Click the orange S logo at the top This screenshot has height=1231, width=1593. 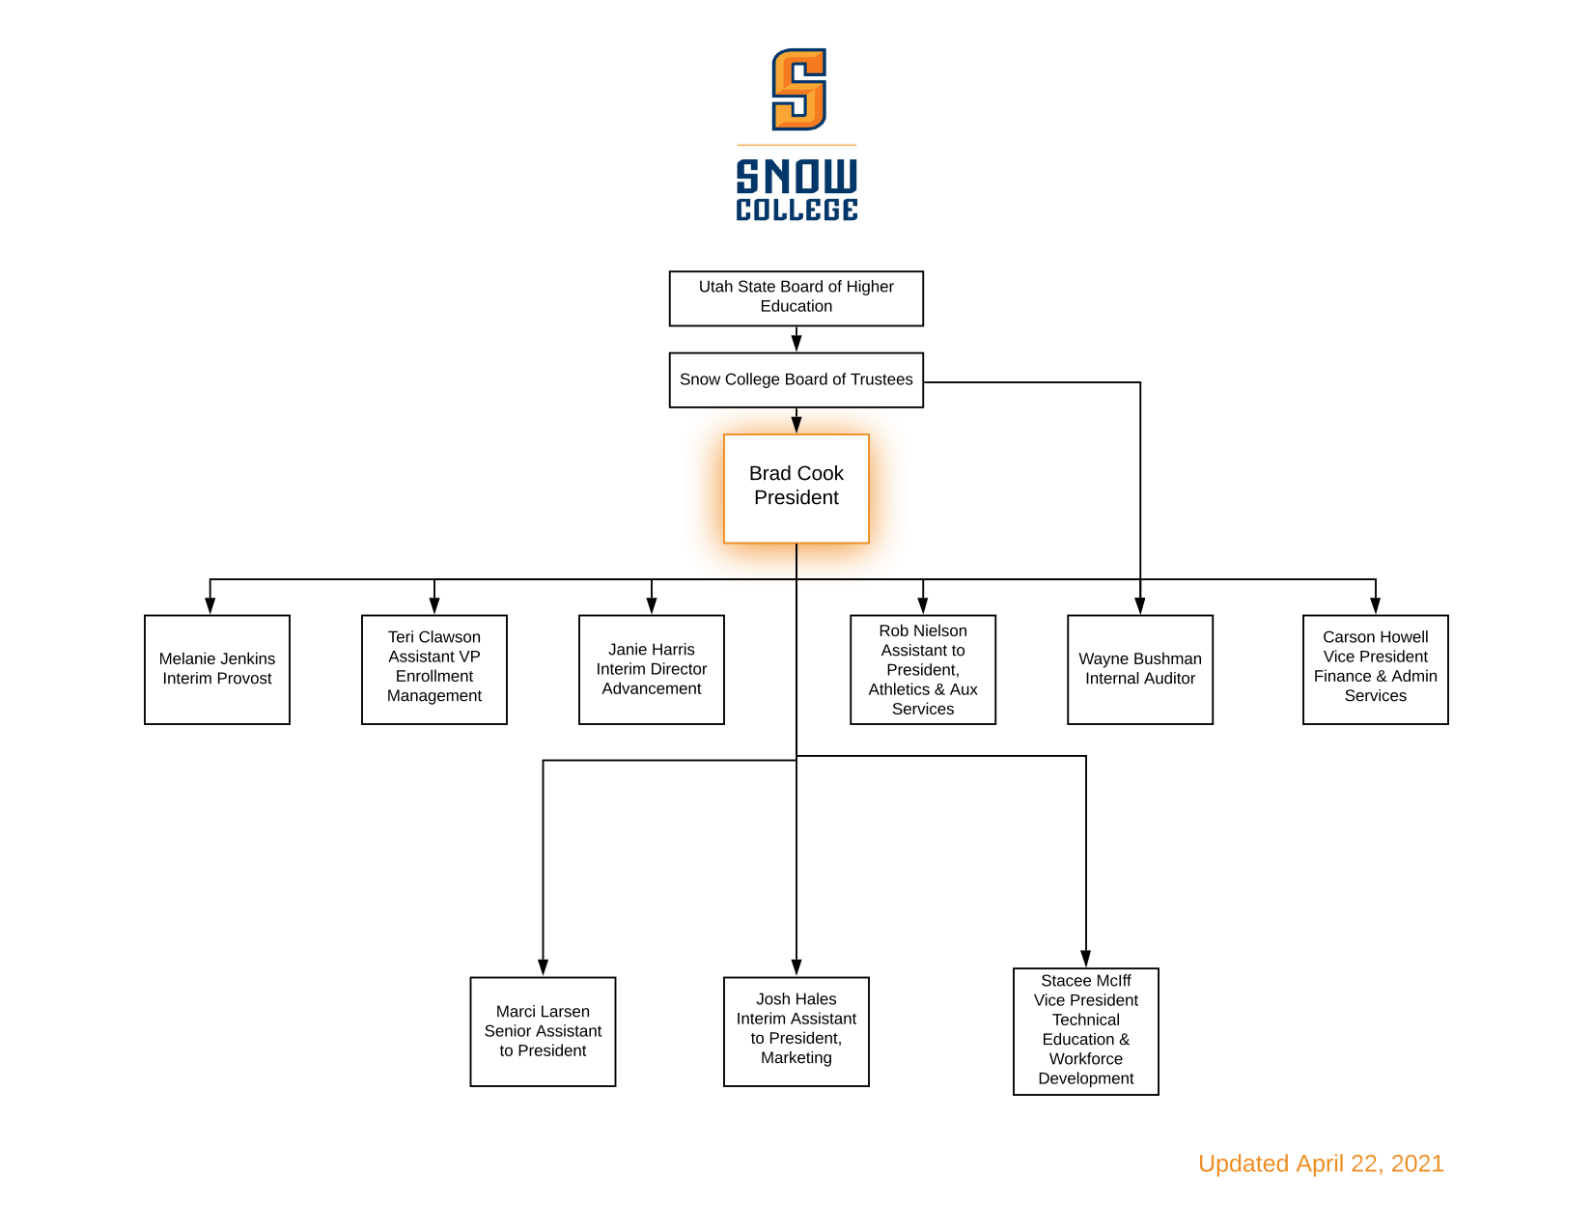pyautogui.click(x=798, y=89)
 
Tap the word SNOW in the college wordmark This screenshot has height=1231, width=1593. pyautogui.click(x=796, y=177)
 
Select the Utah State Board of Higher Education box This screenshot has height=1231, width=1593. pyautogui.click(x=796, y=297)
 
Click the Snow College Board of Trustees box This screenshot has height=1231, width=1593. pyautogui.click(x=796, y=379)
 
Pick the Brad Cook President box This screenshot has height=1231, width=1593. pyautogui.click(x=796, y=488)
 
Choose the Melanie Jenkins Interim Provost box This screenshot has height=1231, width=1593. pyautogui.click(x=217, y=669)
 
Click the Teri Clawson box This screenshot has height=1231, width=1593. pyautogui.click(x=434, y=669)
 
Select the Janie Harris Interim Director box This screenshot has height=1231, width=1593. pyautogui.click(x=652, y=669)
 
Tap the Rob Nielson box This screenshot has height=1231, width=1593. pyautogui.click(x=923, y=669)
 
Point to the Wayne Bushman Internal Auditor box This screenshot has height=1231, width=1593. pyautogui.click(x=1140, y=669)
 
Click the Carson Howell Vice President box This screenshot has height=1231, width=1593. pyautogui.click(x=1376, y=669)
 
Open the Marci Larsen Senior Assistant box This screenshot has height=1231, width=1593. pyautogui.click(x=543, y=1031)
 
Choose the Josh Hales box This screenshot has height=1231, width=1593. pyautogui.click(x=796, y=1031)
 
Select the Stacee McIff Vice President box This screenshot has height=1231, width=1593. pyautogui.click(x=1086, y=1031)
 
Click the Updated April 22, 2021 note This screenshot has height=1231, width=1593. pyautogui.click(x=1321, y=1163)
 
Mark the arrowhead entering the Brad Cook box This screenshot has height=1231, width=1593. pyautogui.click(x=796, y=425)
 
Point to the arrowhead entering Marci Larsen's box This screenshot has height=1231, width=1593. pyautogui.click(x=543, y=967)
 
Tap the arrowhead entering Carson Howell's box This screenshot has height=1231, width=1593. pyautogui.click(x=1376, y=605)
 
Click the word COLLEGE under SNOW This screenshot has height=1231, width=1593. pyautogui.click(x=796, y=210)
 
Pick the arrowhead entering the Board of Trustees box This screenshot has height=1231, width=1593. pyautogui.click(x=796, y=343)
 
